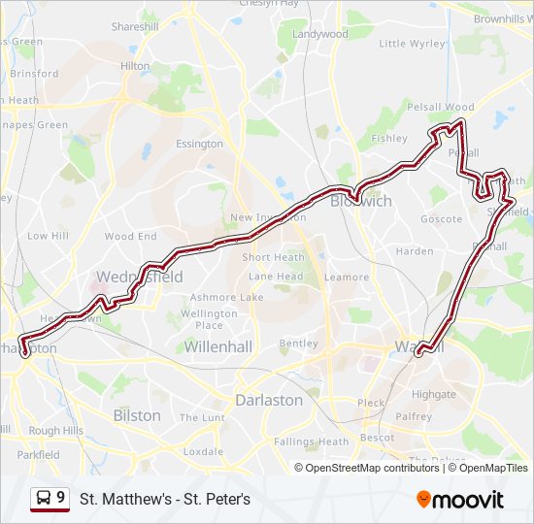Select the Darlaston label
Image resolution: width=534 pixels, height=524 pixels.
pos(269,400)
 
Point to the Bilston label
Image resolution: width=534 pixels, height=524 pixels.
pos(137,415)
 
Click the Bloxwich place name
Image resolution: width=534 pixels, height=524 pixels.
pos(360,201)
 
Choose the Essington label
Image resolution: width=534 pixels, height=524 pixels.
pos(199,145)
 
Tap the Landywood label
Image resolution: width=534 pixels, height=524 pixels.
pos(319,34)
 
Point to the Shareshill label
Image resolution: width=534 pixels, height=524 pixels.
pos(134,27)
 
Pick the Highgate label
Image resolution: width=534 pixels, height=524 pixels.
pos(433,395)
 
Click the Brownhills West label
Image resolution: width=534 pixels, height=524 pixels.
pos(503,18)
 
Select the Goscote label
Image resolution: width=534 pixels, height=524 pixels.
pos(441,219)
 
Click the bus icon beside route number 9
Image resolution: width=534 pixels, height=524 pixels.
pos(44,499)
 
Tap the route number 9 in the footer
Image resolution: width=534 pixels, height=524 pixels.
pos(61,498)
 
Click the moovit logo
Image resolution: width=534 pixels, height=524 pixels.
pos(460,500)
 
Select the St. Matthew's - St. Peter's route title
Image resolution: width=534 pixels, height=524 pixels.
pos(165,500)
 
